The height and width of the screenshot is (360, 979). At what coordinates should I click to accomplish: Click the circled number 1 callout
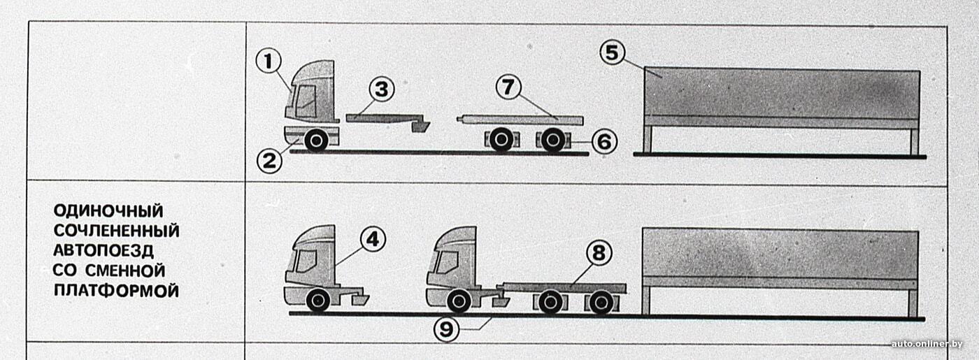click(x=269, y=62)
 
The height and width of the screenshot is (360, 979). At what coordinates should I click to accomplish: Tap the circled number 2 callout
click(x=269, y=160)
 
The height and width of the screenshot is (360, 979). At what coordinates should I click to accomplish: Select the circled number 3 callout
click(x=382, y=89)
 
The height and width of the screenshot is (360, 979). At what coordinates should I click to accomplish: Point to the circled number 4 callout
click(x=373, y=239)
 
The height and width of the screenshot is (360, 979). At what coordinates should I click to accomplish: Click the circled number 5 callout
click(x=613, y=52)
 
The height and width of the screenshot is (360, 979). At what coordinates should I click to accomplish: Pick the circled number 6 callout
click(x=604, y=141)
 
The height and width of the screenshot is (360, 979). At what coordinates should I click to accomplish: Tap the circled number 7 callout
click(x=508, y=87)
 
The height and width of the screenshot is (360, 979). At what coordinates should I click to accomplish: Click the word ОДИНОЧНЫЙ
click(x=108, y=211)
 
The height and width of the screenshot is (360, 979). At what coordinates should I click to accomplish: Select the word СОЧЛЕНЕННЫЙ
click(x=116, y=231)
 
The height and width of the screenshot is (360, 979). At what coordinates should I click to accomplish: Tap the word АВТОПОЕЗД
click(x=103, y=250)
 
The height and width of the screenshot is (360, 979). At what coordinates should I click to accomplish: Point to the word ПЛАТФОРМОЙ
click(x=116, y=291)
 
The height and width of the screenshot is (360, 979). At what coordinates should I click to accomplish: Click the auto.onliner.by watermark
click(x=927, y=344)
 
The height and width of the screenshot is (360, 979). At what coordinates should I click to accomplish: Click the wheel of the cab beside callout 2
click(x=316, y=141)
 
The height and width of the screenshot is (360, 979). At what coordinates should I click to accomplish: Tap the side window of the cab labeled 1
click(x=306, y=101)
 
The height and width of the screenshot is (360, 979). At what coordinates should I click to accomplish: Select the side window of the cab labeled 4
click(x=306, y=261)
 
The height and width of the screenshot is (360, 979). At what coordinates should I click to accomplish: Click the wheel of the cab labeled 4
click(x=318, y=301)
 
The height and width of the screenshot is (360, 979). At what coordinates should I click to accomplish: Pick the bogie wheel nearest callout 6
click(x=553, y=141)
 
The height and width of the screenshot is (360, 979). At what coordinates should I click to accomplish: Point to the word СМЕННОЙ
click(x=125, y=271)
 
